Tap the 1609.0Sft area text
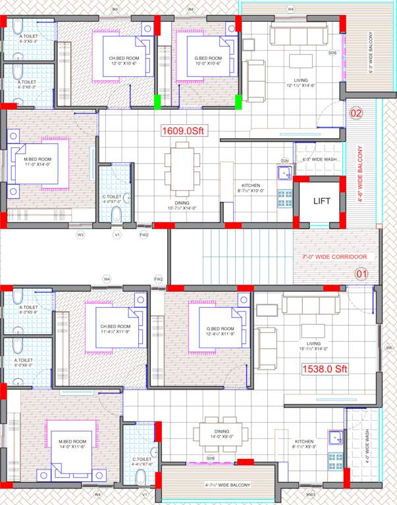184,131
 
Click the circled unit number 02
356,114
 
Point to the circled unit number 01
362,274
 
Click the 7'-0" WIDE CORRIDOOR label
334,256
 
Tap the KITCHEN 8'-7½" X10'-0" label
253,189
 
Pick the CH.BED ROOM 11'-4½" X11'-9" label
115,330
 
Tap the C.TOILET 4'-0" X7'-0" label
112,199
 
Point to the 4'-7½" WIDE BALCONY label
227,485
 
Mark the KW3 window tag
311,494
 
